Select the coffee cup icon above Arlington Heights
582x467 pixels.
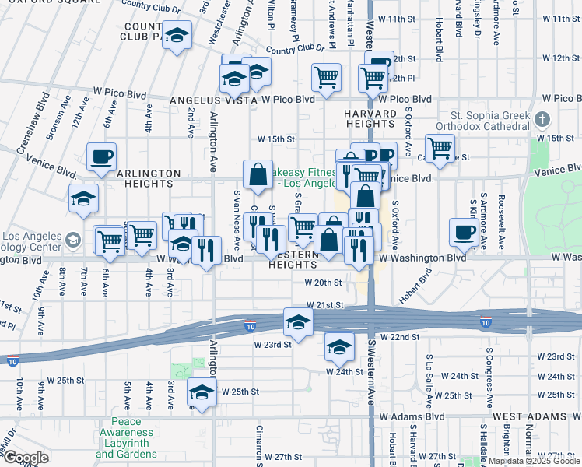point(101,157)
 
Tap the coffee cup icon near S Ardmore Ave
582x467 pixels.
point(464,231)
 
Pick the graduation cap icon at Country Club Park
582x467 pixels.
point(177,35)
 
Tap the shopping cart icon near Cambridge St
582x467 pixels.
point(440,147)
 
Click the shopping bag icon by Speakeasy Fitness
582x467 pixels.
point(257,174)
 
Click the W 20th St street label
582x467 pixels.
point(324,283)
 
